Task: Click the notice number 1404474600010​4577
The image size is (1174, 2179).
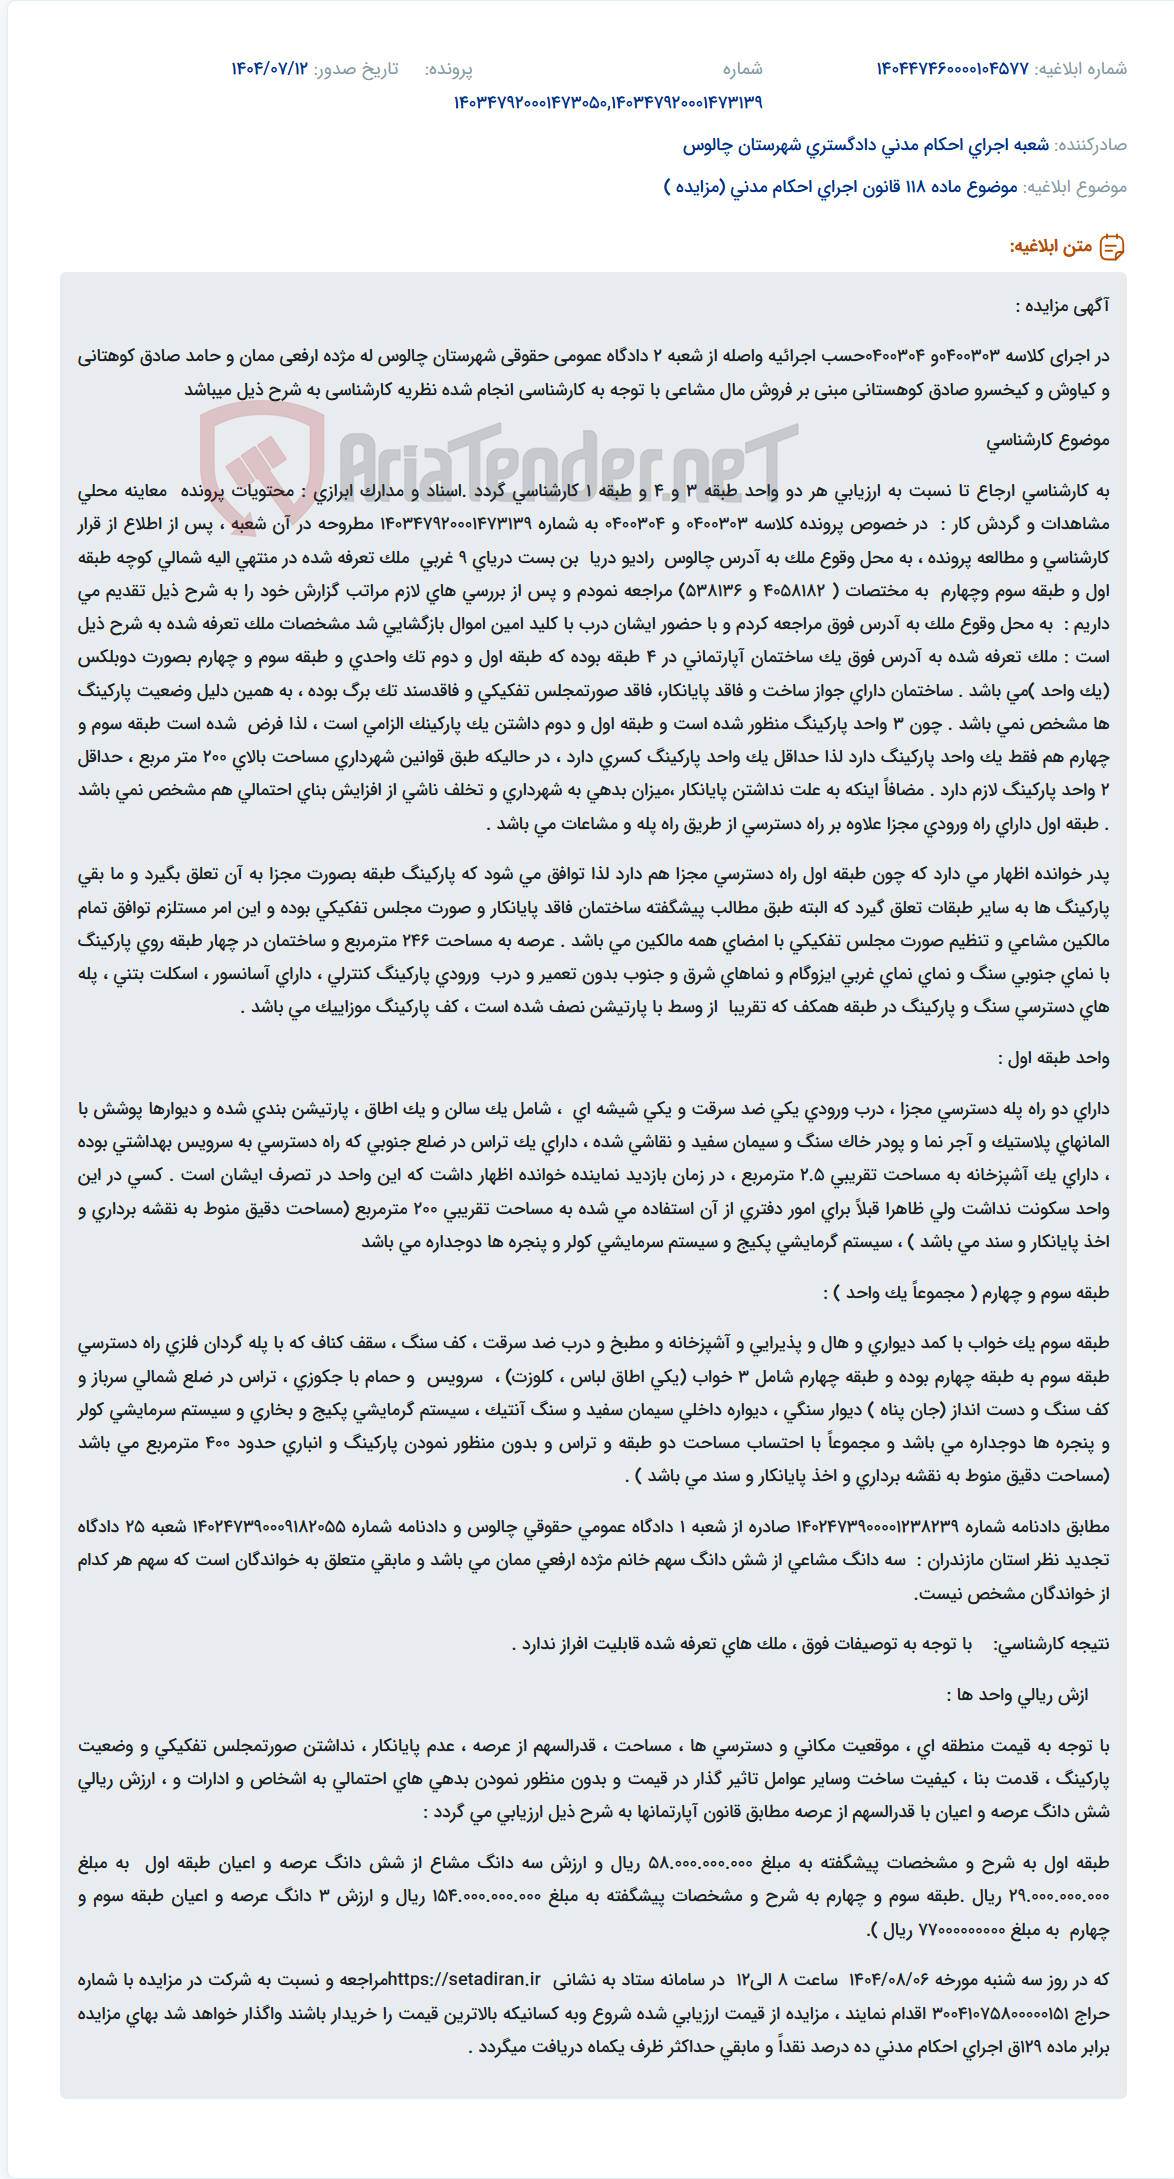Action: pyautogui.click(x=952, y=69)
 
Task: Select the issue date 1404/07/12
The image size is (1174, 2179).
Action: pyautogui.click(x=269, y=69)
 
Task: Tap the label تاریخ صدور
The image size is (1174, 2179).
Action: pyautogui.click(x=356, y=69)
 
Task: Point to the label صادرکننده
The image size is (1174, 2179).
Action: pyautogui.click(x=1091, y=145)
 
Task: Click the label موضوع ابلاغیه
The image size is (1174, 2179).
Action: pyautogui.click(x=1075, y=187)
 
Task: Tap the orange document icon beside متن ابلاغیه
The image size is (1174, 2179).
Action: pyautogui.click(x=1111, y=247)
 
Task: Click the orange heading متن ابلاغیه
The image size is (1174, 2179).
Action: pyautogui.click(x=1050, y=247)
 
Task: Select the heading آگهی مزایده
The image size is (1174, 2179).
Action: pyautogui.click(x=1062, y=306)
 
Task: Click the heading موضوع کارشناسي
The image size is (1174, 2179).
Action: pyautogui.click(x=1047, y=440)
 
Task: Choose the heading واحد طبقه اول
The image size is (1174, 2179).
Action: pyautogui.click(x=1054, y=1058)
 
